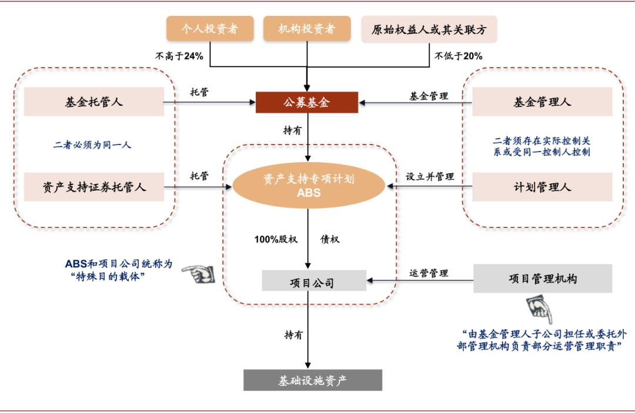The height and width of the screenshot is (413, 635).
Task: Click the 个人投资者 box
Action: (210, 29)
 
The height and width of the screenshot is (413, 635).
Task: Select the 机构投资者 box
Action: (307, 29)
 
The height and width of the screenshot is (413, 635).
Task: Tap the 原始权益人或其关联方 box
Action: (429, 29)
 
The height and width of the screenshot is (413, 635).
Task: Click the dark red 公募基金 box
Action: (307, 102)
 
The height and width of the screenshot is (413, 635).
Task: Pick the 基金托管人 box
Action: (94, 102)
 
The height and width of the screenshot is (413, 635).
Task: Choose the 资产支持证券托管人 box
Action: (94, 187)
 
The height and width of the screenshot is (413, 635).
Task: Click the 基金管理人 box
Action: (542, 102)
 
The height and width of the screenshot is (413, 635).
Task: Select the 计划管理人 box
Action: (542, 187)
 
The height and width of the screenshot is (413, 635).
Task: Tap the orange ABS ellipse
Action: (309, 186)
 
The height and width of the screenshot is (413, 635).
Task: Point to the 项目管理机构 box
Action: (542, 278)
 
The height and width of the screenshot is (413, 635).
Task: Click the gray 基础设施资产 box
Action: (313, 381)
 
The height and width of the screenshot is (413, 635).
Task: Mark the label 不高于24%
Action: (179, 56)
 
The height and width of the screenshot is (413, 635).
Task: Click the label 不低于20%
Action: (459, 56)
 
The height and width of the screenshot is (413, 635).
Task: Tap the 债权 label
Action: (330, 240)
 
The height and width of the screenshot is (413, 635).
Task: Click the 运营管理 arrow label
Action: (429, 273)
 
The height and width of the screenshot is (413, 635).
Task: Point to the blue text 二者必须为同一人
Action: (92, 145)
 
